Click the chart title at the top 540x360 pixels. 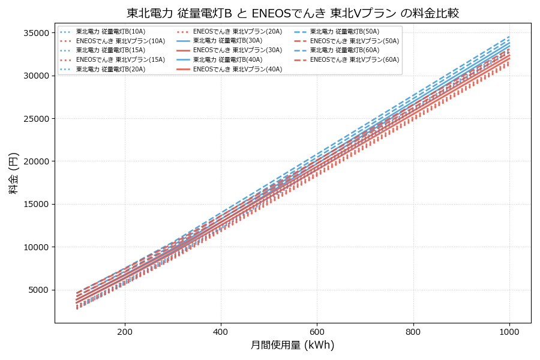(293, 13)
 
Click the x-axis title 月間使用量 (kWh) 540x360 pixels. (293, 346)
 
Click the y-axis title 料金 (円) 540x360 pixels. (14, 173)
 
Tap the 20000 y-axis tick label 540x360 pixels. (36, 161)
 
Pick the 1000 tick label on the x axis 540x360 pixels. (509, 331)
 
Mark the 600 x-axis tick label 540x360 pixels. (317, 331)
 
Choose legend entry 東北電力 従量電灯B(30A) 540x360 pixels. (227, 41)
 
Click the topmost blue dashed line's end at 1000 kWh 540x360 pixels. (509, 36)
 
